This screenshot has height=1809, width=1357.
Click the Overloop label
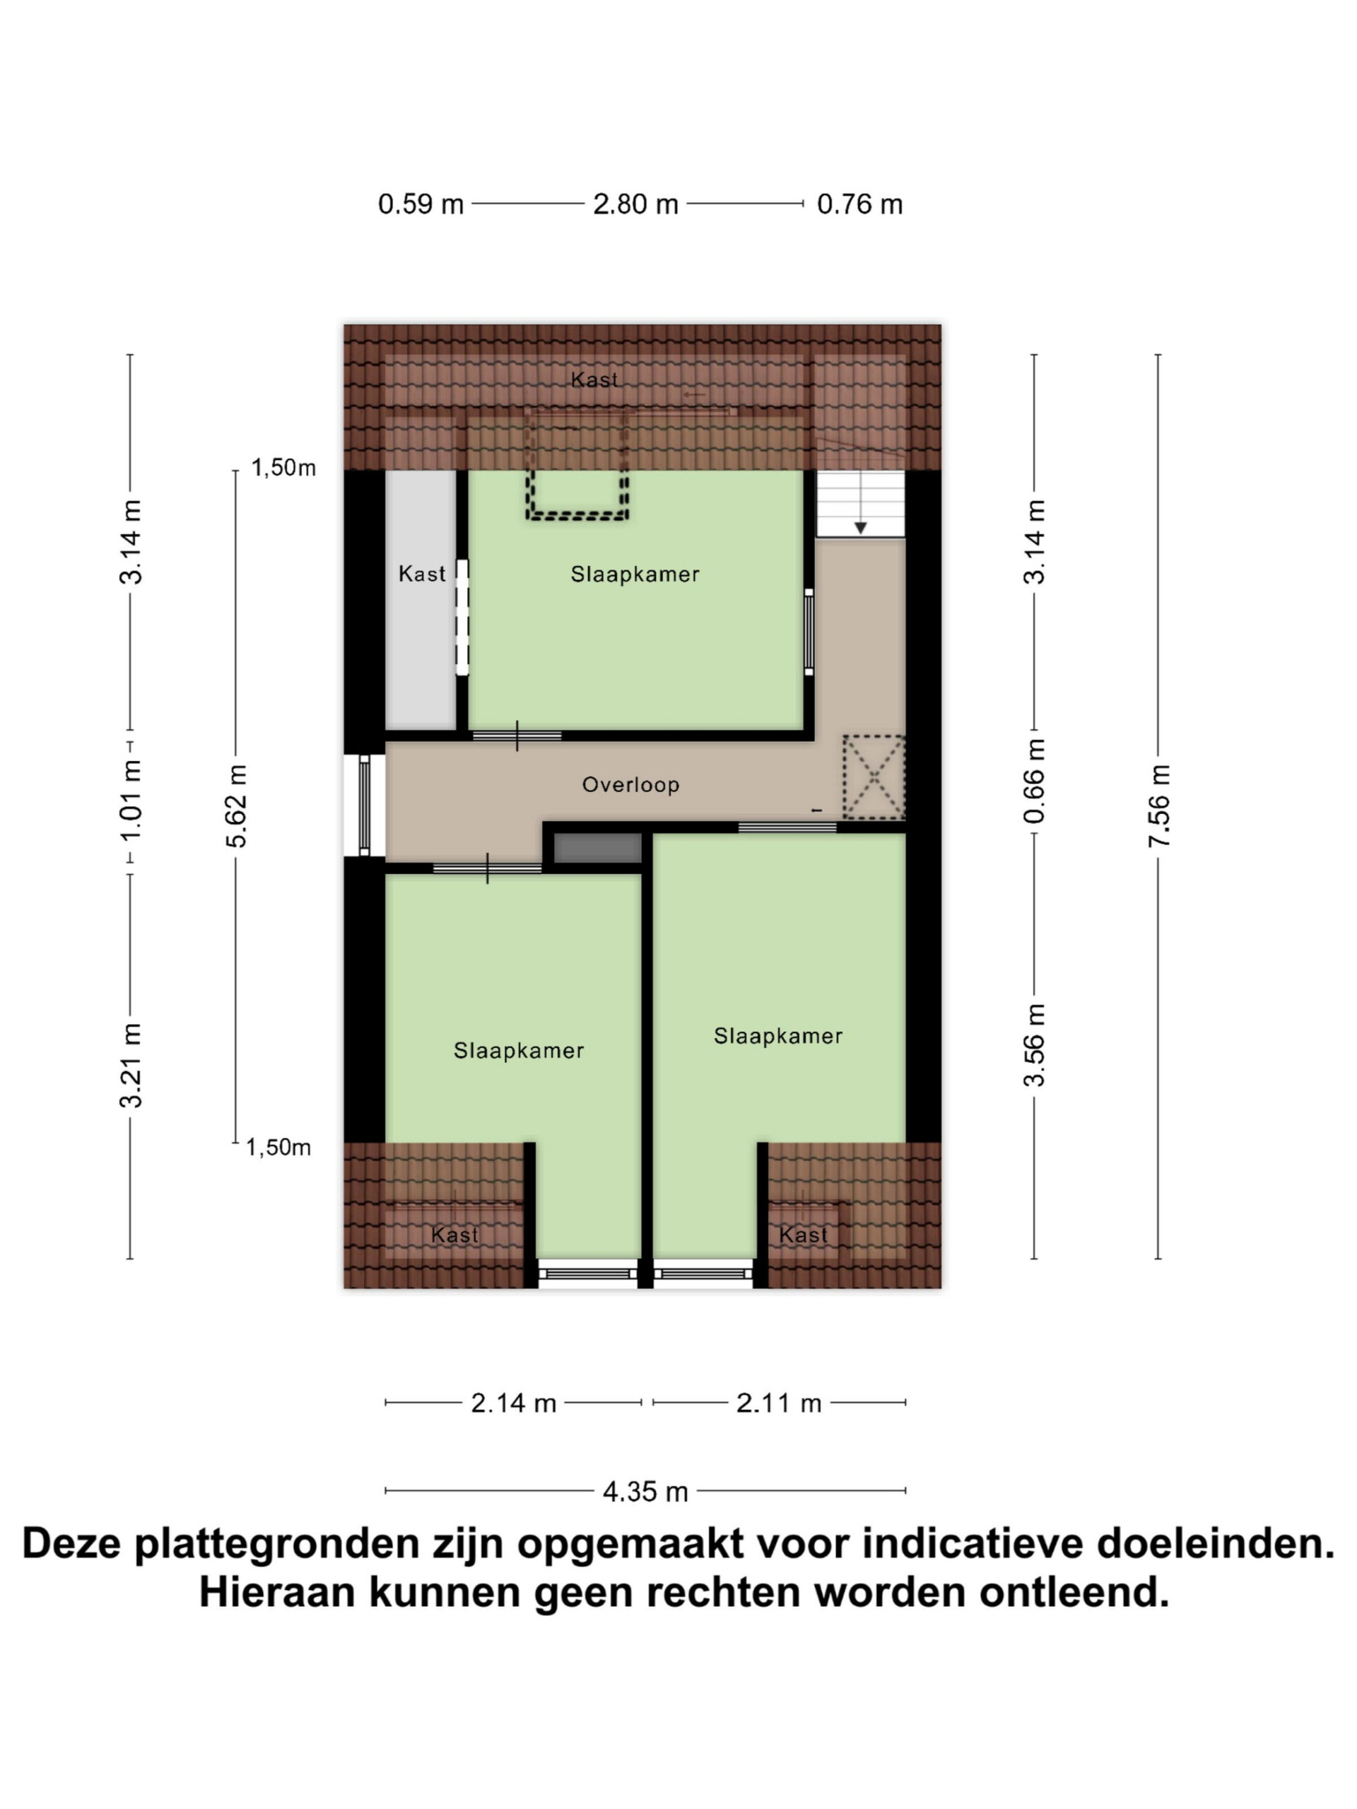tap(630, 784)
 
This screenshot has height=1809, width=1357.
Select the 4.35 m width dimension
tap(645, 1492)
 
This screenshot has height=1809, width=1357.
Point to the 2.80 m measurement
tap(635, 204)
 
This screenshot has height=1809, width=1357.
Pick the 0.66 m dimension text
tap(1035, 781)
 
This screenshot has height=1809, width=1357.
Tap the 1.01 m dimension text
tap(131, 801)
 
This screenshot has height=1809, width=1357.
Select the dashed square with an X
tap(874, 777)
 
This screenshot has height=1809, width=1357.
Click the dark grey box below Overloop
tap(598, 848)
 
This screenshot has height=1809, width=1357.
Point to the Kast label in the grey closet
tap(422, 574)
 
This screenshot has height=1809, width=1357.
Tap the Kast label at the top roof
tap(594, 379)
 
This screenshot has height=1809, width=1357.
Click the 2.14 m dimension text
tap(514, 1403)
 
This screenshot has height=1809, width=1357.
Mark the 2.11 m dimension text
tap(779, 1403)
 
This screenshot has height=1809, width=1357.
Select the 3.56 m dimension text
tap(1035, 1045)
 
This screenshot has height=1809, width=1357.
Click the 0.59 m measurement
tap(421, 204)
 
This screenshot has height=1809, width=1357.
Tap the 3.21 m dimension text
tap(131, 1066)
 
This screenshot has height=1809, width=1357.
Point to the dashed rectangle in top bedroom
tap(577, 516)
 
